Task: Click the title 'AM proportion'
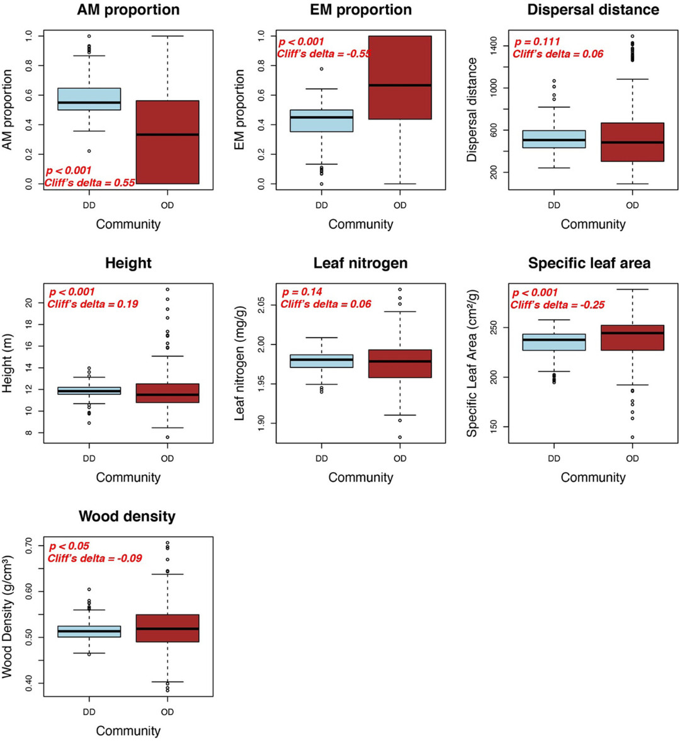click(128, 10)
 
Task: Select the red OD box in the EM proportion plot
click(400, 77)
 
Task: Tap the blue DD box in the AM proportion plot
click(89, 99)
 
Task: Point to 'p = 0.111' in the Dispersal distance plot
click(537, 42)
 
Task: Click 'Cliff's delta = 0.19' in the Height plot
click(93, 304)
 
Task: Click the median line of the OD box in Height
click(167, 395)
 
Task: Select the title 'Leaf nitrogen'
click(360, 263)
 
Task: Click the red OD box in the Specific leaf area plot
click(632, 338)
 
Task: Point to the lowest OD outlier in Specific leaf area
click(632, 437)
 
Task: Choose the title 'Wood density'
click(127, 516)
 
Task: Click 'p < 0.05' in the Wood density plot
click(69, 546)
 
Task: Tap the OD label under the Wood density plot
click(167, 712)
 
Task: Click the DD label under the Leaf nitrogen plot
click(322, 458)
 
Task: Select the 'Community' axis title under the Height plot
click(128, 477)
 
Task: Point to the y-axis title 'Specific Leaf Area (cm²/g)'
click(472, 363)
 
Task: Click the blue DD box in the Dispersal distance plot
click(554, 139)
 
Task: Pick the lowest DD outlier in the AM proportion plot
click(89, 151)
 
